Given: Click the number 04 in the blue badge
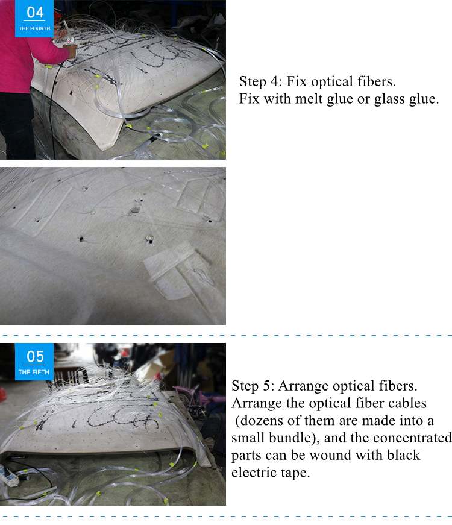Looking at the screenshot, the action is [x=35, y=13].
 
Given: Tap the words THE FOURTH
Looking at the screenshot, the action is [x=34, y=28].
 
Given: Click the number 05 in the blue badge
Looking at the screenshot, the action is [x=35, y=357].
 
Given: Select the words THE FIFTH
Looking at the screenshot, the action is [x=34, y=372].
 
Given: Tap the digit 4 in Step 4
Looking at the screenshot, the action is [x=274, y=81].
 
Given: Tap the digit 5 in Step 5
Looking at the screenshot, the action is [x=266, y=386].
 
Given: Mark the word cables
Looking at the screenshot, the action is [x=407, y=403].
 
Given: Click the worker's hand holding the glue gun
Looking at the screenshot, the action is [x=71, y=51].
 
